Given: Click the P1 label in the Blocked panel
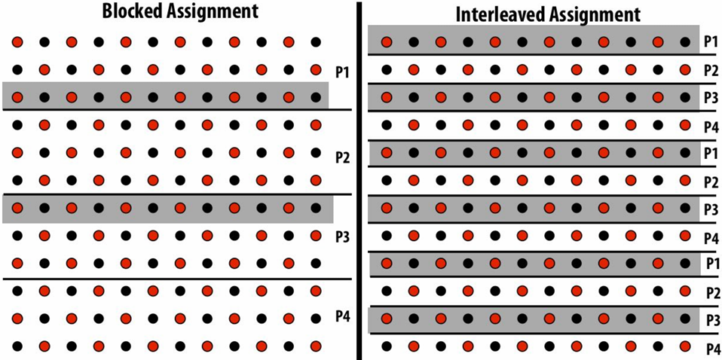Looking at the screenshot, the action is pos(342,73).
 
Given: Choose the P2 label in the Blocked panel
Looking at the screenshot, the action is pos(343,158).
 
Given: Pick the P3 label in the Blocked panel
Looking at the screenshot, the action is pos(343,238).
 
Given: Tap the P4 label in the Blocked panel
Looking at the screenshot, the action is pos(343,317).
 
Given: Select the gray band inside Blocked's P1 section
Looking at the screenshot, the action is pos(165,96).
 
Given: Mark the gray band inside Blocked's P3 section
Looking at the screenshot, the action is pos(167,209).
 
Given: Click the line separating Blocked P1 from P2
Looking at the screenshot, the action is pos(177,109).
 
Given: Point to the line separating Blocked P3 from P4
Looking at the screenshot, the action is pos(177,279).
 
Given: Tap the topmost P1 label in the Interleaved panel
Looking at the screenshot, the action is pos(711,40).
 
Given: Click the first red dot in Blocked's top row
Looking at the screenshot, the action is pos(17,42).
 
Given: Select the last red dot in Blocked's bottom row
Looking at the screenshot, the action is pos(316,346).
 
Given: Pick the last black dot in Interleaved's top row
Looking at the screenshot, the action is pos(685,42).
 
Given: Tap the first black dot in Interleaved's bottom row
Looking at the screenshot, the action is pos(387,346).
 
